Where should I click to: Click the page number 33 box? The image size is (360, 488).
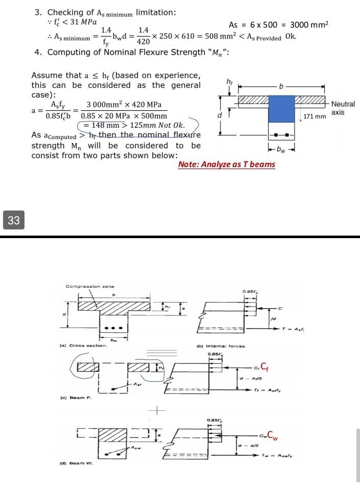coord(14,221)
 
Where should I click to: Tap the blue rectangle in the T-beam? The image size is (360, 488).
coord(282,110)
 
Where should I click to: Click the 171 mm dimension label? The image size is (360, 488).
coord(315,117)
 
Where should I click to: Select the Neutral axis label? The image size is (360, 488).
coord(343,108)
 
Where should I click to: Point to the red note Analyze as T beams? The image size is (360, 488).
coord(226,164)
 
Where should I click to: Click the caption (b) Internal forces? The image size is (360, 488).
coord(225,346)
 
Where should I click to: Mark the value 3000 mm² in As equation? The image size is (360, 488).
coord(309,25)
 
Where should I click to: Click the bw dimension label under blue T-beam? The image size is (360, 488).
coord(282,150)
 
